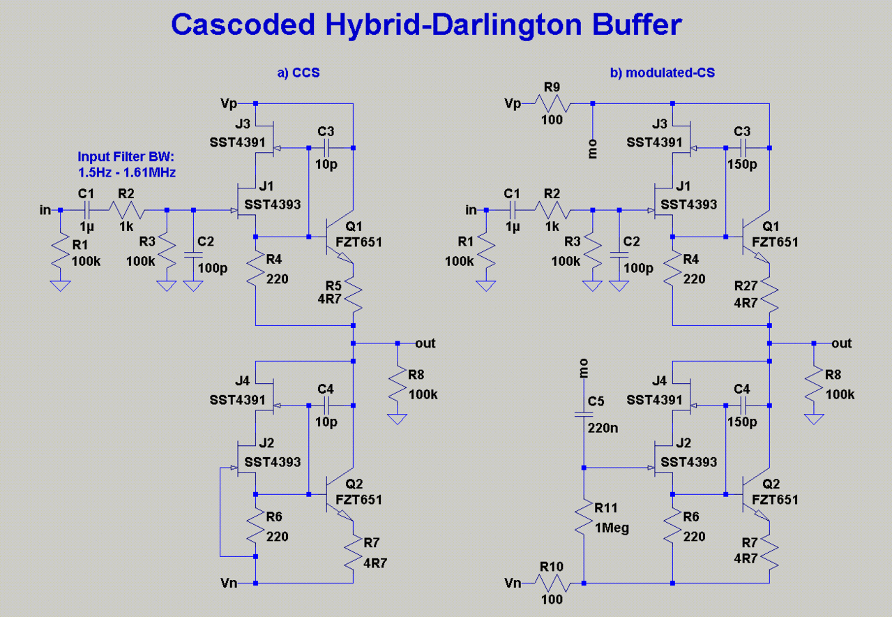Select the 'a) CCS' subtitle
coord(298,72)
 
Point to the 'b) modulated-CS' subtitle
coord(663,72)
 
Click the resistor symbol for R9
coord(553,104)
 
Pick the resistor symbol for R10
coord(553,583)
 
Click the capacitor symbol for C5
coord(584,415)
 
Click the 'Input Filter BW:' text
coord(119,156)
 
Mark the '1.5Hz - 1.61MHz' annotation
coord(127,171)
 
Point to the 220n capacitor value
coord(604,428)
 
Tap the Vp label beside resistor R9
coord(513,104)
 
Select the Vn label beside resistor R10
coord(513,583)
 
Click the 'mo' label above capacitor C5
coord(584,367)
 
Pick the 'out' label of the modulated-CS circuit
coord(842,343)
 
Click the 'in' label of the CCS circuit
coord(45,209)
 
